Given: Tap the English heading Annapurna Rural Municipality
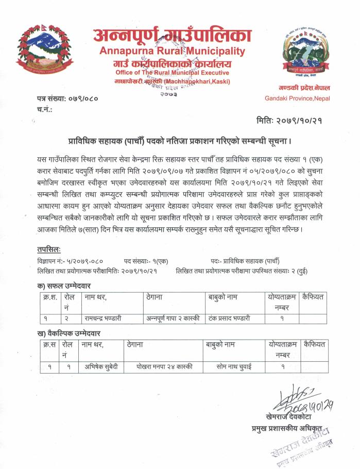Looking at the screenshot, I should [x=172, y=52].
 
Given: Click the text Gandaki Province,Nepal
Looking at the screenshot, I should [x=297, y=98].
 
